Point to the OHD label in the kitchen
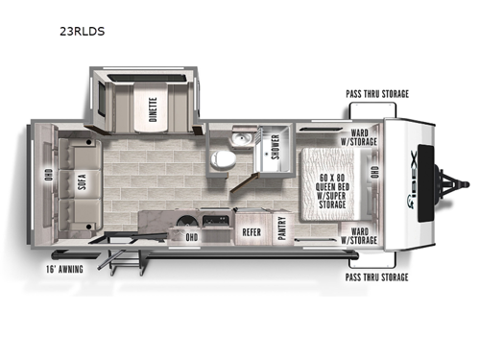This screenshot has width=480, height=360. pos(191,236)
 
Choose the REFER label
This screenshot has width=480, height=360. pos(252,231)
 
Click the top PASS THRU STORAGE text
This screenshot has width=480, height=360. pos(377,93)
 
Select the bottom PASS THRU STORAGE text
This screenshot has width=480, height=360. pos(377,276)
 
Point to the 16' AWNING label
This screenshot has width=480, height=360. pos(63,269)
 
